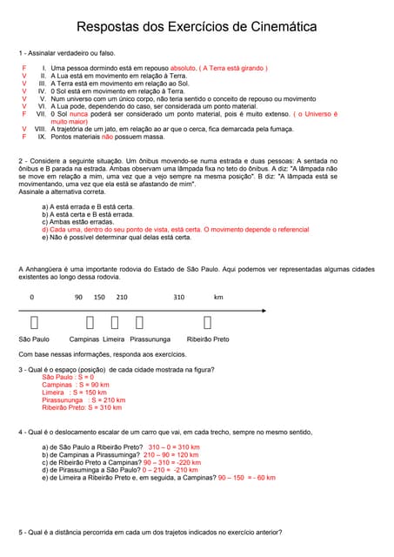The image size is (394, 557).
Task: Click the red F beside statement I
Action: coord(24,67)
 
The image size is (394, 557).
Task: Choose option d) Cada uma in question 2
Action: coord(64,230)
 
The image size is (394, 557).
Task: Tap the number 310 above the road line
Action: coord(178,297)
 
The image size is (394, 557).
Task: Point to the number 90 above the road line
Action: coord(78,297)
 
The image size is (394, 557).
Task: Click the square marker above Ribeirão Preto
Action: coord(207,323)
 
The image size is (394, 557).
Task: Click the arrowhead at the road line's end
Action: coord(264,310)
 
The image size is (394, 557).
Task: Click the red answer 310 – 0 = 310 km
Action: coord(174,446)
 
